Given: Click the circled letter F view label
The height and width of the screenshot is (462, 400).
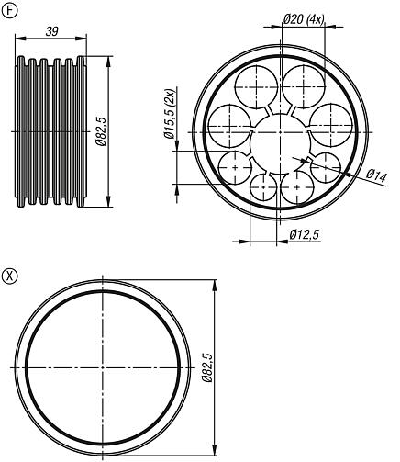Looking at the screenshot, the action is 9,11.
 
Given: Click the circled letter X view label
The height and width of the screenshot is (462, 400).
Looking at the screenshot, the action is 9,276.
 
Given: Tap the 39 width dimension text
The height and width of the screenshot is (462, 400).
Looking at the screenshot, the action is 52,31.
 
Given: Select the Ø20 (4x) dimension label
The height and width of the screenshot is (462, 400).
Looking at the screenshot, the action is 304,19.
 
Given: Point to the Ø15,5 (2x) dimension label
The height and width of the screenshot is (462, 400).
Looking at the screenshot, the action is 169,114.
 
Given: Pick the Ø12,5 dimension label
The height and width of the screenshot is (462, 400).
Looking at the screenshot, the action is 305,234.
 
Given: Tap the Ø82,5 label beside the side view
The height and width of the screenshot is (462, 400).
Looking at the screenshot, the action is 102,131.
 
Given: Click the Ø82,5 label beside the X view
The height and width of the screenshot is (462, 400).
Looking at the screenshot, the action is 207,367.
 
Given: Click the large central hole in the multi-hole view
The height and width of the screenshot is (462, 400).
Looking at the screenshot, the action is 280,144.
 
